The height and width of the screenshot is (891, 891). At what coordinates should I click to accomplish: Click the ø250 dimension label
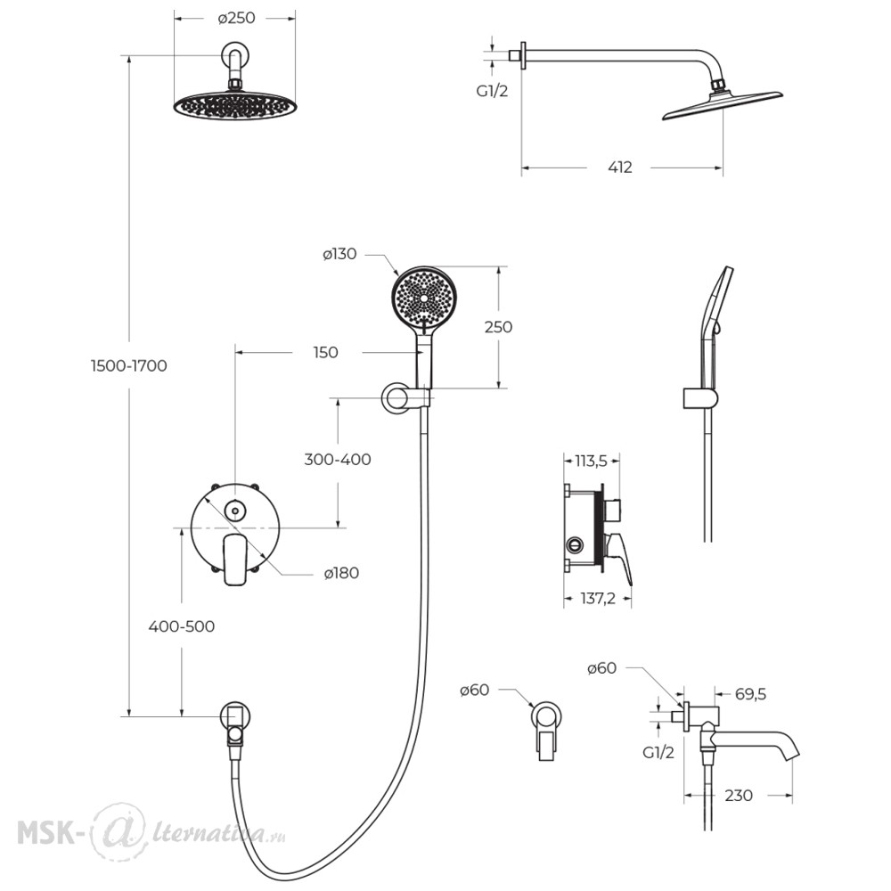(236, 18)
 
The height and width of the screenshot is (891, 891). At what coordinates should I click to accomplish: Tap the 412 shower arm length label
(619, 168)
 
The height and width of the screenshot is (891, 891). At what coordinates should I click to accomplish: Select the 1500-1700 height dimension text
(129, 366)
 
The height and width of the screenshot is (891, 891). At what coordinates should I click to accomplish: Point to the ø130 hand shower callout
(339, 254)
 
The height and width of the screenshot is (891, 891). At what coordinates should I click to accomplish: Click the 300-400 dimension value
(338, 459)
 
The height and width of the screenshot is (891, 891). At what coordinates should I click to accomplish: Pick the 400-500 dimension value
(181, 626)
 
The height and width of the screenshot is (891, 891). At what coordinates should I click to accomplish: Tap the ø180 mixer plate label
(341, 573)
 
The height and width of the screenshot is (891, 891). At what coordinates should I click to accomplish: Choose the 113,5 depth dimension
(591, 461)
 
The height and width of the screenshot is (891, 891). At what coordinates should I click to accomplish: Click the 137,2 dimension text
(598, 599)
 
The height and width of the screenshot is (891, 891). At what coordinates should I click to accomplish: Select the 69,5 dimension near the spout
(750, 694)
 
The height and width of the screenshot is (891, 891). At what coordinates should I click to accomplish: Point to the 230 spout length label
(738, 796)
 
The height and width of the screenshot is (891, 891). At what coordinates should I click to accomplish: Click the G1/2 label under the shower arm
(492, 91)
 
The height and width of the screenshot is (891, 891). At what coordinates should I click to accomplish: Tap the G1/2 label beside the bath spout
(658, 752)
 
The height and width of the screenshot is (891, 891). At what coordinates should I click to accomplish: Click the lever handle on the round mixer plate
(235, 560)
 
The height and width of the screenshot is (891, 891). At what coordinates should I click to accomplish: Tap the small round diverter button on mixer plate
(235, 511)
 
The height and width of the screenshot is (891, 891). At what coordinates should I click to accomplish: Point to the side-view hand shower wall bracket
(700, 399)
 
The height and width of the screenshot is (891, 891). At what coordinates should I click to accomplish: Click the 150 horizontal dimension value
(325, 353)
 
